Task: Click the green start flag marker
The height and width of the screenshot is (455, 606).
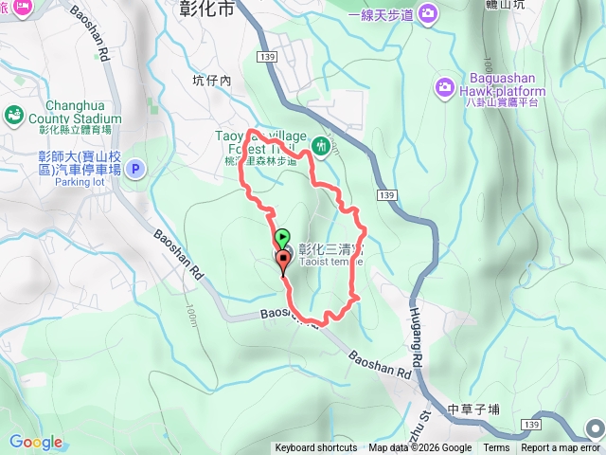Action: [x=282, y=236]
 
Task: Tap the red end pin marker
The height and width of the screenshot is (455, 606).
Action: [x=282, y=260]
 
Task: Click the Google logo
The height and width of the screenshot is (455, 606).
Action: [x=36, y=442]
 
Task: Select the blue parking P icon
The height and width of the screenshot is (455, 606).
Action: [x=134, y=170]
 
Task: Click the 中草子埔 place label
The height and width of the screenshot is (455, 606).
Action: [x=473, y=409]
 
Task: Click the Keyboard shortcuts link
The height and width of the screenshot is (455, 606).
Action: [x=316, y=448]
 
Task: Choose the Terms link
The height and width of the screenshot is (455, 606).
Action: [x=496, y=448]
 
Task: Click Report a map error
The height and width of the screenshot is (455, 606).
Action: [x=560, y=448]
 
